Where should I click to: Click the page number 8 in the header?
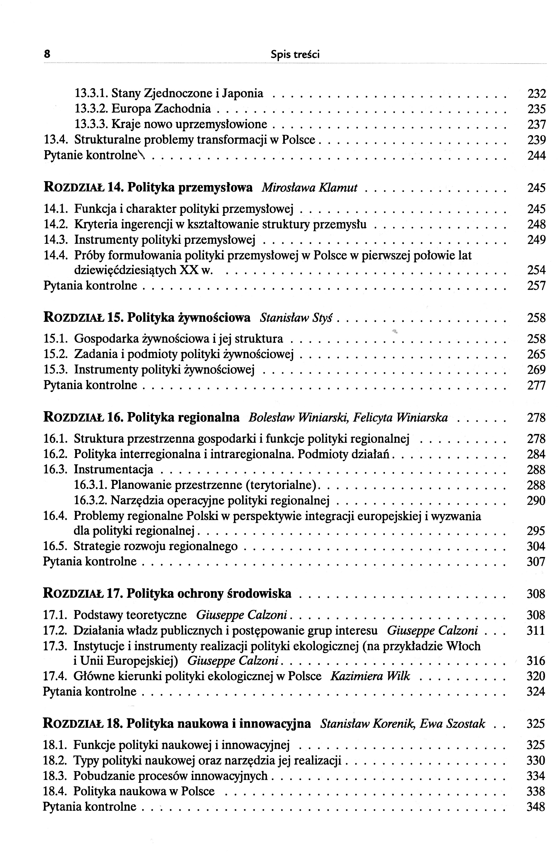click(46, 54)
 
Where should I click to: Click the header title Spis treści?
click(295, 54)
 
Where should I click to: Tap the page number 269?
click(536, 370)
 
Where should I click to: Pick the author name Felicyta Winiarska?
click(400, 418)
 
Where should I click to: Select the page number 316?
click(536, 661)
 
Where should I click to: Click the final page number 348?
click(536, 806)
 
